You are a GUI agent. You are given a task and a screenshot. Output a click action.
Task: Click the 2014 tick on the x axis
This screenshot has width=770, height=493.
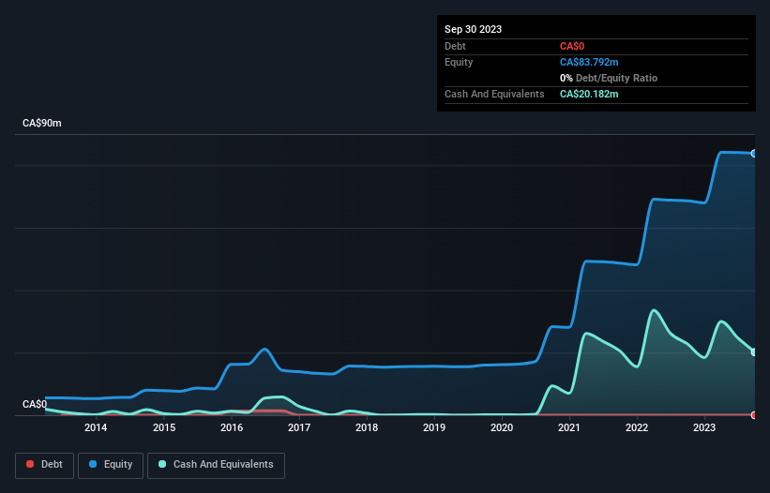coord(96,428)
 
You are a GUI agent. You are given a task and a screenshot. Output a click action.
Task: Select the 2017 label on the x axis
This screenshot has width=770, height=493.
coord(299,428)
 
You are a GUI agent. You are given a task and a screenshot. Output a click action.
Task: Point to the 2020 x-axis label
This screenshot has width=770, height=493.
coord(502,428)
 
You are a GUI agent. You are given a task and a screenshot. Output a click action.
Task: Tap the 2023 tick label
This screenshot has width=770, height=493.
coord(704,428)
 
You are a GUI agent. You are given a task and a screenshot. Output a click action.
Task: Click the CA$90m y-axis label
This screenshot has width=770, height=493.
coord(41,124)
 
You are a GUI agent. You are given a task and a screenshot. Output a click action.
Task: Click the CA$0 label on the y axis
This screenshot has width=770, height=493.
coord(35,404)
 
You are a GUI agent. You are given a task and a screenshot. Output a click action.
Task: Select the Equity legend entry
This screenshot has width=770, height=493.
coord(111,464)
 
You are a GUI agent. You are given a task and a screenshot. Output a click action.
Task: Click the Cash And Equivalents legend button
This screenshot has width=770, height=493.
coord(216,464)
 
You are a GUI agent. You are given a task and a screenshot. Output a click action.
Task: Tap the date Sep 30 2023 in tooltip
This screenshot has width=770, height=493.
coord(473,29)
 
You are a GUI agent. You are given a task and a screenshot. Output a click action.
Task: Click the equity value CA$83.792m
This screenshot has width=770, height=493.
coord(589,62)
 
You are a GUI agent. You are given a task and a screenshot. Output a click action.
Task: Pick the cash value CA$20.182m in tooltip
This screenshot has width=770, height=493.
coord(589,94)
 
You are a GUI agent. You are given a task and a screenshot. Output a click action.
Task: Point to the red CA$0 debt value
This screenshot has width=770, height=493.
coord(573,46)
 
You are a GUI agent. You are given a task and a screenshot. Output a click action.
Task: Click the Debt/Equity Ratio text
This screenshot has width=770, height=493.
coord(613,78)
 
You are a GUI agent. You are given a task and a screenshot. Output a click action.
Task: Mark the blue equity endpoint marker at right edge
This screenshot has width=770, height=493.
coord(754,153)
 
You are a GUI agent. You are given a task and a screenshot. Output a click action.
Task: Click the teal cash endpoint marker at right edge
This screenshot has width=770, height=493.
coord(754,351)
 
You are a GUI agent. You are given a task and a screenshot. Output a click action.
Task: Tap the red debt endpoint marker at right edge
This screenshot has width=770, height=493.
coord(754,414)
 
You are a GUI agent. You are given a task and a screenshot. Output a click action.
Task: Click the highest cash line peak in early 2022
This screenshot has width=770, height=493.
coord(654,310)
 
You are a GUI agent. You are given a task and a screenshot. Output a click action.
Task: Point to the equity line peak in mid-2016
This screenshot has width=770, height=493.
coord(265,350)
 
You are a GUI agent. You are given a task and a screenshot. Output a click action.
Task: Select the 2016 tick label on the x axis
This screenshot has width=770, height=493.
coord(232,428)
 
